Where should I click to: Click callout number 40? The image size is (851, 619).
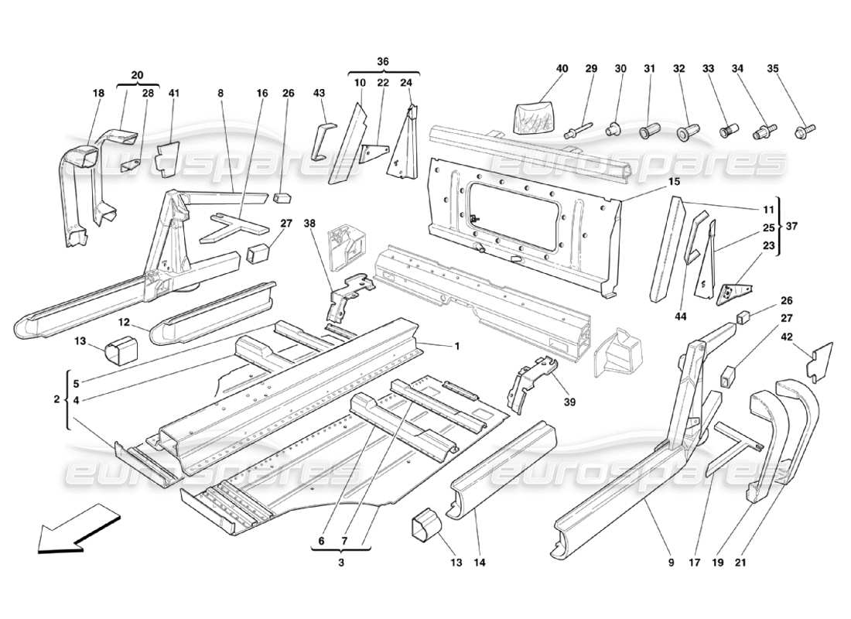pyautogui.click(x=562, y=69)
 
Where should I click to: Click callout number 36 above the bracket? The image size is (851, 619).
pyautogui.click(x=383, y=61)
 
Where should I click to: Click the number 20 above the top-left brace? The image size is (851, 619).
pyautogui.click(x=138, y=75)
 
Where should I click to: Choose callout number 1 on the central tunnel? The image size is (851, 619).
pyautogui.click(x=456, y=346)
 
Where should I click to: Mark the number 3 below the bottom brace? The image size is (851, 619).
pyautogui.click(x=340, y=564)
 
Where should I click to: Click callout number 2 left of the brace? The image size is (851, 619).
pyautogui.click(x=56, y=399)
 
